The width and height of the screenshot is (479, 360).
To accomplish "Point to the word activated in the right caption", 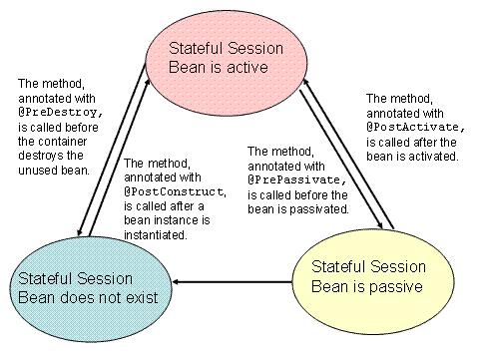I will tap(431, 156).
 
